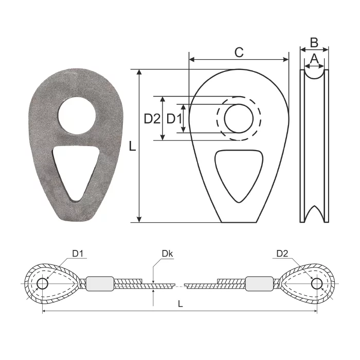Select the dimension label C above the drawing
[239, 52]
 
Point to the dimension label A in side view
[314, 60]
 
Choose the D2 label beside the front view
[152, 119]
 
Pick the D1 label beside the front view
[174, 119]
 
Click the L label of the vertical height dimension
[132, 147]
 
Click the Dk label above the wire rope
[167, 254]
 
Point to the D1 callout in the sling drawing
[78, 254]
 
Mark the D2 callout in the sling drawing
[282, 254]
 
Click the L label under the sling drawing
[180, 304]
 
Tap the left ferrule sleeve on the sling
[99, 284]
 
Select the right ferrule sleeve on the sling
[259, 284]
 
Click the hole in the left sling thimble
[42, 284]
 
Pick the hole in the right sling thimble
[317, 284]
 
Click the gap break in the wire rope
[179, 284]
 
